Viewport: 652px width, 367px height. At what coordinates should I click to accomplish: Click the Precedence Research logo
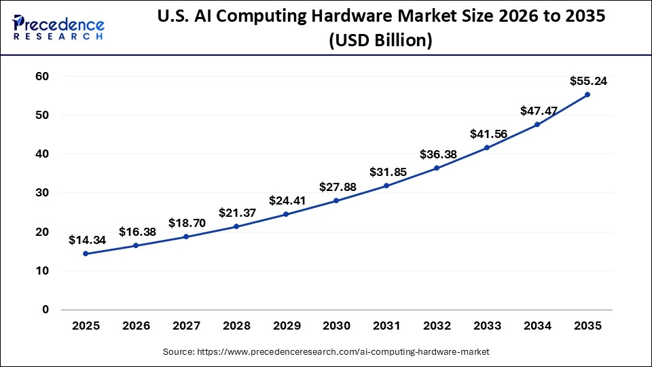point(58,27)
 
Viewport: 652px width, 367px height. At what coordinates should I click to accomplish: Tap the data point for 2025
point(86,254)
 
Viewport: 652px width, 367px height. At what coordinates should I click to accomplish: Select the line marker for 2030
point(336,200)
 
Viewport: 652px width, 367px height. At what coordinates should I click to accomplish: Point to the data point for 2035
point(587,94)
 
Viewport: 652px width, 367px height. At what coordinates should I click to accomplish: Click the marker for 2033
point(487,147)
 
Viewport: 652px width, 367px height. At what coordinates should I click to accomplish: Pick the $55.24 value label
point(587,81)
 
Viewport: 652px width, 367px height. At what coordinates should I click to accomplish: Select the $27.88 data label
point(336,186)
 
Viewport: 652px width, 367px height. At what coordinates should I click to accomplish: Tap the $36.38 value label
point(437,154)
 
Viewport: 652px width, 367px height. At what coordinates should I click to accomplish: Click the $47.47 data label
point(537,110)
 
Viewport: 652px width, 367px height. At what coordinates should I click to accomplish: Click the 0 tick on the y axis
point(46,310)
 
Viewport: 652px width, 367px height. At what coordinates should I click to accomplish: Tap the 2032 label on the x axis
point(437,326)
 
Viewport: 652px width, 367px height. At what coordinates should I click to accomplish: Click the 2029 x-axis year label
point(286,326)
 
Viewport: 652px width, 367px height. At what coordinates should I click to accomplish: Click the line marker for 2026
point(136,245)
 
